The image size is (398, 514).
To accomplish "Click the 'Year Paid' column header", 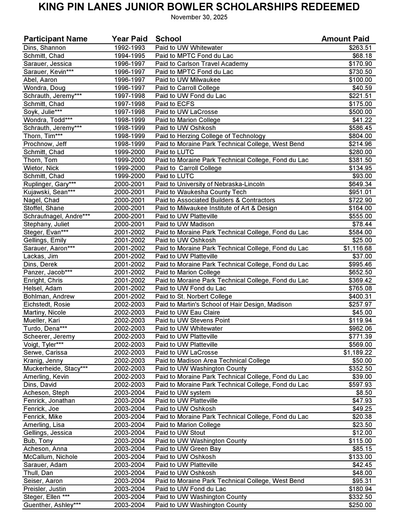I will point(129,39).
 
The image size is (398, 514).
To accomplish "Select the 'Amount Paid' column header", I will point(345,39).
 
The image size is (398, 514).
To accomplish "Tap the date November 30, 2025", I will point(199,17).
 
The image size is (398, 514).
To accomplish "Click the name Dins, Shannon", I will point(45,48).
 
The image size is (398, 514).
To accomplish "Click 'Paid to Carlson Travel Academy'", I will point(201,64).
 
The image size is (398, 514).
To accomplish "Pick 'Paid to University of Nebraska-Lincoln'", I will point(210,184).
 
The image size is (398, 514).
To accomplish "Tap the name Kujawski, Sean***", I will point(49,192).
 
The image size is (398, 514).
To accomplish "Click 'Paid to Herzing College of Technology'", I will point(210,136).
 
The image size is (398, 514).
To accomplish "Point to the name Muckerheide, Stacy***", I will point(56,369).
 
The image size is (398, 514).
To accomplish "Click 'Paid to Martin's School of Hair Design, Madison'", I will point(223,304).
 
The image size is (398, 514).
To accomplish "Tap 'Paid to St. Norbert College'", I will point(193,296).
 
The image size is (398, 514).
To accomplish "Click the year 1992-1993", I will point(129,48).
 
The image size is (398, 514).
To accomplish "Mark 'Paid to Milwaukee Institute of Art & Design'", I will point(216,208).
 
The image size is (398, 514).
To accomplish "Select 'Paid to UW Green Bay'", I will point(188,449).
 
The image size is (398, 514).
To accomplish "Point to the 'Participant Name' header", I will point(55,39).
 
